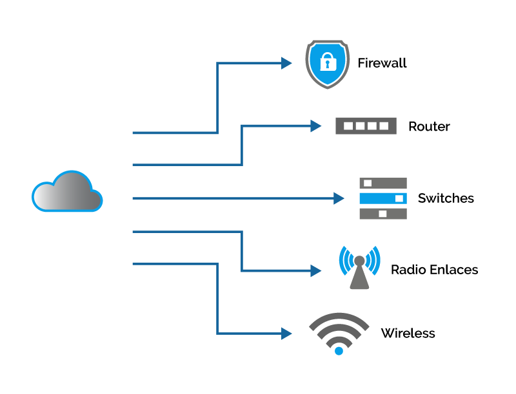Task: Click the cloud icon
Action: [67, 192]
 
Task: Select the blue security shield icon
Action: [328, 64]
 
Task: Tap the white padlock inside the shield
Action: [328, 62]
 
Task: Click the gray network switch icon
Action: [366, 126]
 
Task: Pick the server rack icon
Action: [383, 198]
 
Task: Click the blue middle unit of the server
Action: [383, 198]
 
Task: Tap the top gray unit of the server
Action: [383, 183]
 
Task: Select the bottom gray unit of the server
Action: [383, 214]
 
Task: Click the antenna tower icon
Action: [359, 267]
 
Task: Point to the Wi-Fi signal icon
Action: [339, 332]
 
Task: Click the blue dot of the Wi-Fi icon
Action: [339, 351]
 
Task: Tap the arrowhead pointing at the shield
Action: [286, 63]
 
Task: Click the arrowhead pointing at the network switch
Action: [315, 126]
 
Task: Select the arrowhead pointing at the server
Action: [339, 198]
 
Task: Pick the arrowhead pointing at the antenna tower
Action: [315, 271]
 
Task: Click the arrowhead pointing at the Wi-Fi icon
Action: [286, 333]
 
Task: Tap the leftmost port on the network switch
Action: [348, 126]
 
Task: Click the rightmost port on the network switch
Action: [384, 126]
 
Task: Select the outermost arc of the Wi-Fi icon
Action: [339, 316]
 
